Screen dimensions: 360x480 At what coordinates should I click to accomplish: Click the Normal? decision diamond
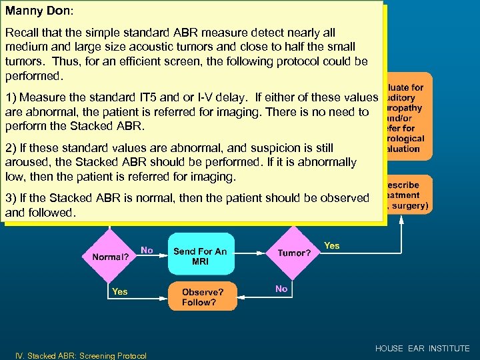point(110,256)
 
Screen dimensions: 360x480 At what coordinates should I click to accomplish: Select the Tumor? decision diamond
point(294,253)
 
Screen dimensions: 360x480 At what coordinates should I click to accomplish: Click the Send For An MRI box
point(201,256)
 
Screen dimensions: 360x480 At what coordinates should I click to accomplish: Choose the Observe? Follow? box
point(202,297)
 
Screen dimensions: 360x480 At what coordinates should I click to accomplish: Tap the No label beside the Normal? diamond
point(147,251)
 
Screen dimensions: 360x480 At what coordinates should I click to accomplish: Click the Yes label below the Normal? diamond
point(120,291)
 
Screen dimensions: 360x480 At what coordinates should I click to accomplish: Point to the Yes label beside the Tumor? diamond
point(331,246)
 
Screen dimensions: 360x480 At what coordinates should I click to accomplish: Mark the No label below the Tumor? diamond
point(281,289)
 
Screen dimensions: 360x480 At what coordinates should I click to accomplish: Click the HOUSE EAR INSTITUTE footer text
point(422,349)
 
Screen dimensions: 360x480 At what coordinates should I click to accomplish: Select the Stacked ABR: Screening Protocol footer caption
point(81,355)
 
